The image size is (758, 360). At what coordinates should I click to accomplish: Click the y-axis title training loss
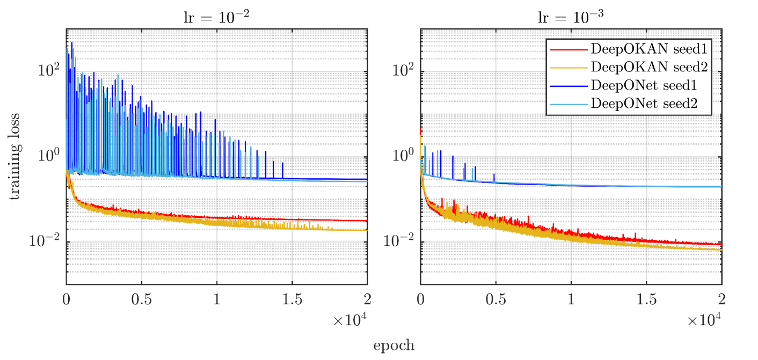[14, 157]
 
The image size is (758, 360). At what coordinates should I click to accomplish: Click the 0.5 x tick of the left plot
[142, 298]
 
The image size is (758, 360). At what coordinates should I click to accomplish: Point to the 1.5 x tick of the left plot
[292, 298]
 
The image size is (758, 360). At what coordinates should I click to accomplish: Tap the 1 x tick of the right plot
[571, 298]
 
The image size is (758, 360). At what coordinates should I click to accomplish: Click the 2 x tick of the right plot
[721, 298]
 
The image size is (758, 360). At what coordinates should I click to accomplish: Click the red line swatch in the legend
[567, 49]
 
